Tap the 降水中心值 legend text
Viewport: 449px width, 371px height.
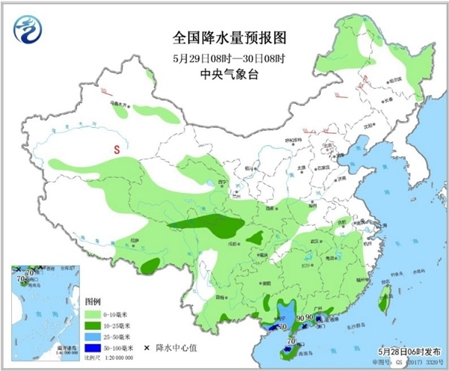click(x=177, y=349)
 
